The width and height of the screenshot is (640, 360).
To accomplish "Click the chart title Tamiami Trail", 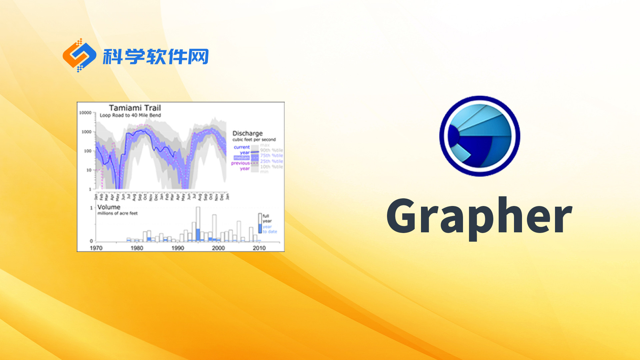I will point(135,108).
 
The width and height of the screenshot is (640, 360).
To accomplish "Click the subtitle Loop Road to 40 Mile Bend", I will point(130,115).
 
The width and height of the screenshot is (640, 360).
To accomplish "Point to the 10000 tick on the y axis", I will point(85,113).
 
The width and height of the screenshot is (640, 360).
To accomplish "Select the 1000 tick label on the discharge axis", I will point(86,132).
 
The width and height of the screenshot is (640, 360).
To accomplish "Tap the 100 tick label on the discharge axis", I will point(87,151).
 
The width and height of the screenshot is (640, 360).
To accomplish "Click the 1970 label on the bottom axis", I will point(96,248).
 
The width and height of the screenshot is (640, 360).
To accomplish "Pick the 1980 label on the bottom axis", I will point(137,248).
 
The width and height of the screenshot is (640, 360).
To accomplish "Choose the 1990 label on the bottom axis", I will point(178,248).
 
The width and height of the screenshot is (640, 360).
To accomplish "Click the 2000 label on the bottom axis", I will point(218,248).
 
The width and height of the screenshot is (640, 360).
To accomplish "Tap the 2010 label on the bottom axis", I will point(259,248).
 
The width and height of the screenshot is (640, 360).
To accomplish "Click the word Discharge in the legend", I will point(247,133).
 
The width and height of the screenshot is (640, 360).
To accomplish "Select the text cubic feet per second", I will point(254,140).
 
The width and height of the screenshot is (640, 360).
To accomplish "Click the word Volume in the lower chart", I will point(109,207).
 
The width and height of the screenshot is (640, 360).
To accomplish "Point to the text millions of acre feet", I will point(117,213).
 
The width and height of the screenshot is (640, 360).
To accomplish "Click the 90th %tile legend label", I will point(271,150).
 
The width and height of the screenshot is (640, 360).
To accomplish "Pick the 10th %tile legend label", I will point(271,167).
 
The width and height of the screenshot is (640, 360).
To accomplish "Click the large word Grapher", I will point(479,217).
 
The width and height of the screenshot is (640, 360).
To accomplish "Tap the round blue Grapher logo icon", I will point(480,136).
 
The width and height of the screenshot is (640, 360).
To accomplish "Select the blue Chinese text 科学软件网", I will point(156,57).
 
